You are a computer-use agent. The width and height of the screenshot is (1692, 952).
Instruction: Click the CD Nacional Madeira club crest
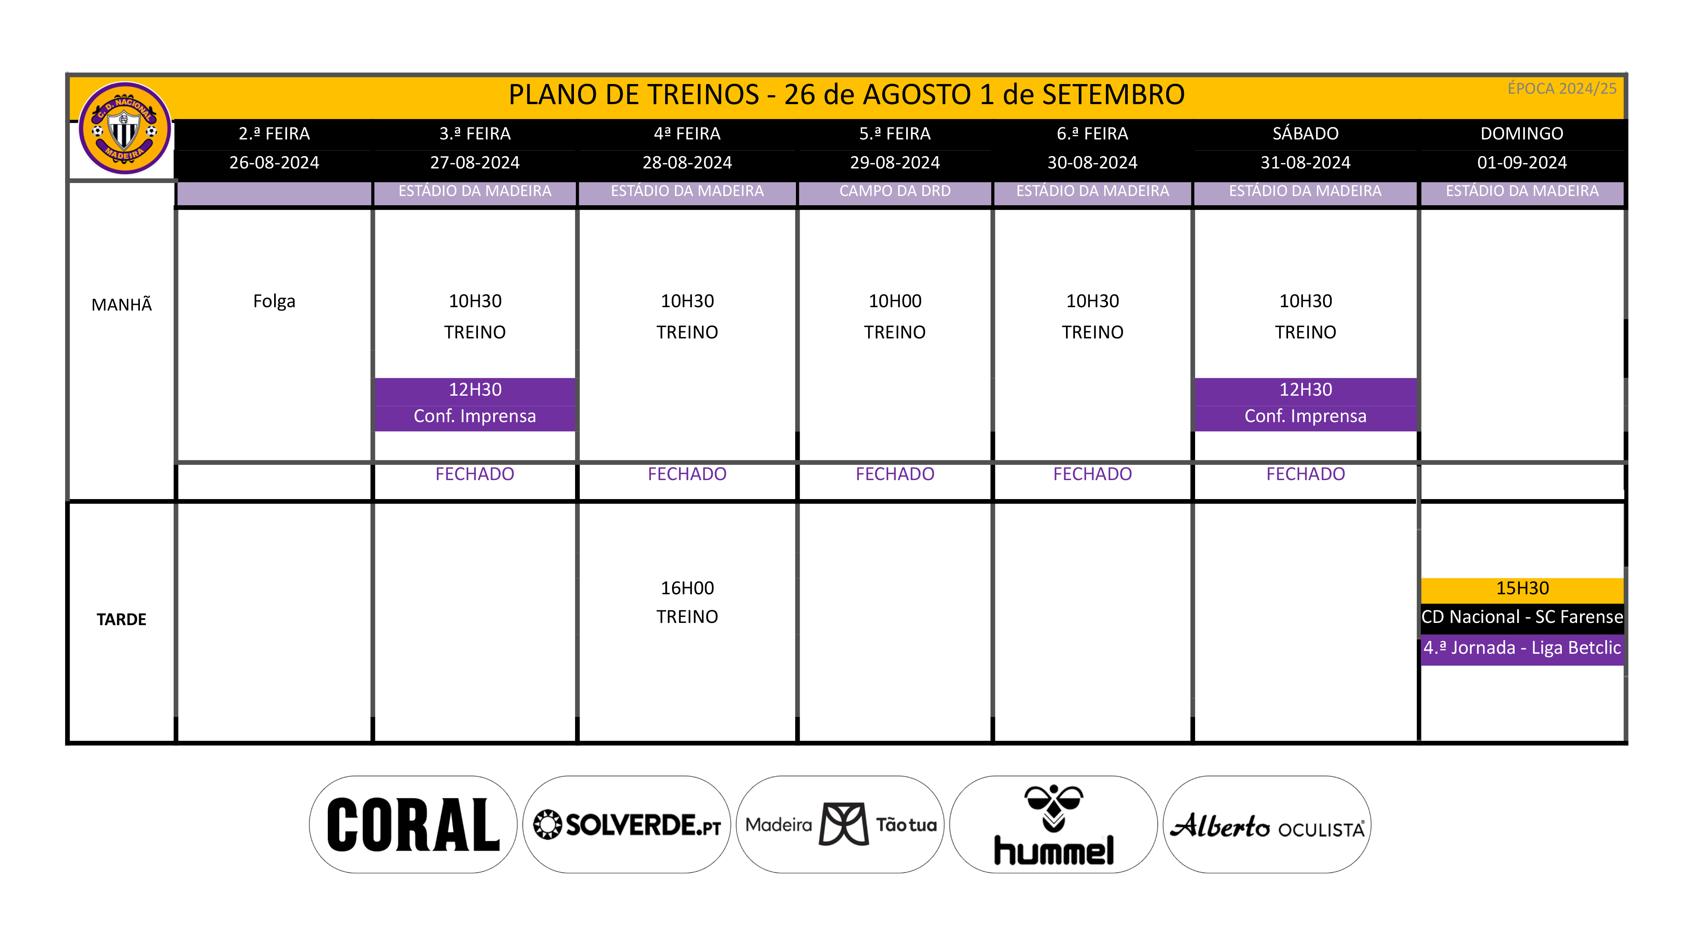pyautogui.click(x=124, y=128)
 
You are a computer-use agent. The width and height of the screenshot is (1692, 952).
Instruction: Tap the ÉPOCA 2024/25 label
pyautogui.click(x=1561, y=89)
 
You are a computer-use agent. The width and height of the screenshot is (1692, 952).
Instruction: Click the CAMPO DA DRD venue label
pyautogui.click(x=895, y=191)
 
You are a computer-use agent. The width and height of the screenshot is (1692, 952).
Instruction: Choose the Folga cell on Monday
pyautogui.click(x=274, y=301)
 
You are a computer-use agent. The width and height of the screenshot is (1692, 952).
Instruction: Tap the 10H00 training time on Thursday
pyautogui.click(x=895, y=301)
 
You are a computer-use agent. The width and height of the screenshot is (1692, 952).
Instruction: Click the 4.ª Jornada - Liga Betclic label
pyautogui.click(x=1522, y=648)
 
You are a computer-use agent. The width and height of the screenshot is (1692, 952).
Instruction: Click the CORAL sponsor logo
pyautogui.click(x=413, y=824)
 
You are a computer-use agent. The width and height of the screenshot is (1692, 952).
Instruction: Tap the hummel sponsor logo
pyautogui.click(x=1054, y=824)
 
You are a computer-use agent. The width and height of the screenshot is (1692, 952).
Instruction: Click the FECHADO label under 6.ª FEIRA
pyautogui.click(x=1092, y=474)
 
